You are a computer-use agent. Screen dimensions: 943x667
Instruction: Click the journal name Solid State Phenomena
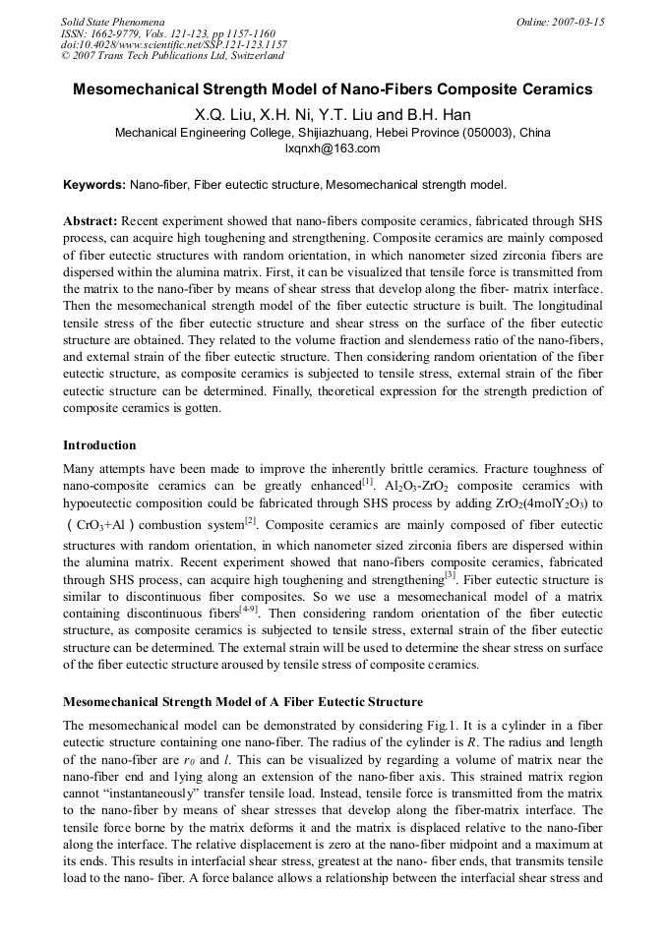tap(112, 21)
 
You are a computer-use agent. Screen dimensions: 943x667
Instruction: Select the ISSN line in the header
tap(156, 32)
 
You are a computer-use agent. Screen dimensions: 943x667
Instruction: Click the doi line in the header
tap(173, 44)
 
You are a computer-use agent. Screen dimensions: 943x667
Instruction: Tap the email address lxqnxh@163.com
tap(332, 148)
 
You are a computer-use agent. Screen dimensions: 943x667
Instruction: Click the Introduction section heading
tap(99, 445)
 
